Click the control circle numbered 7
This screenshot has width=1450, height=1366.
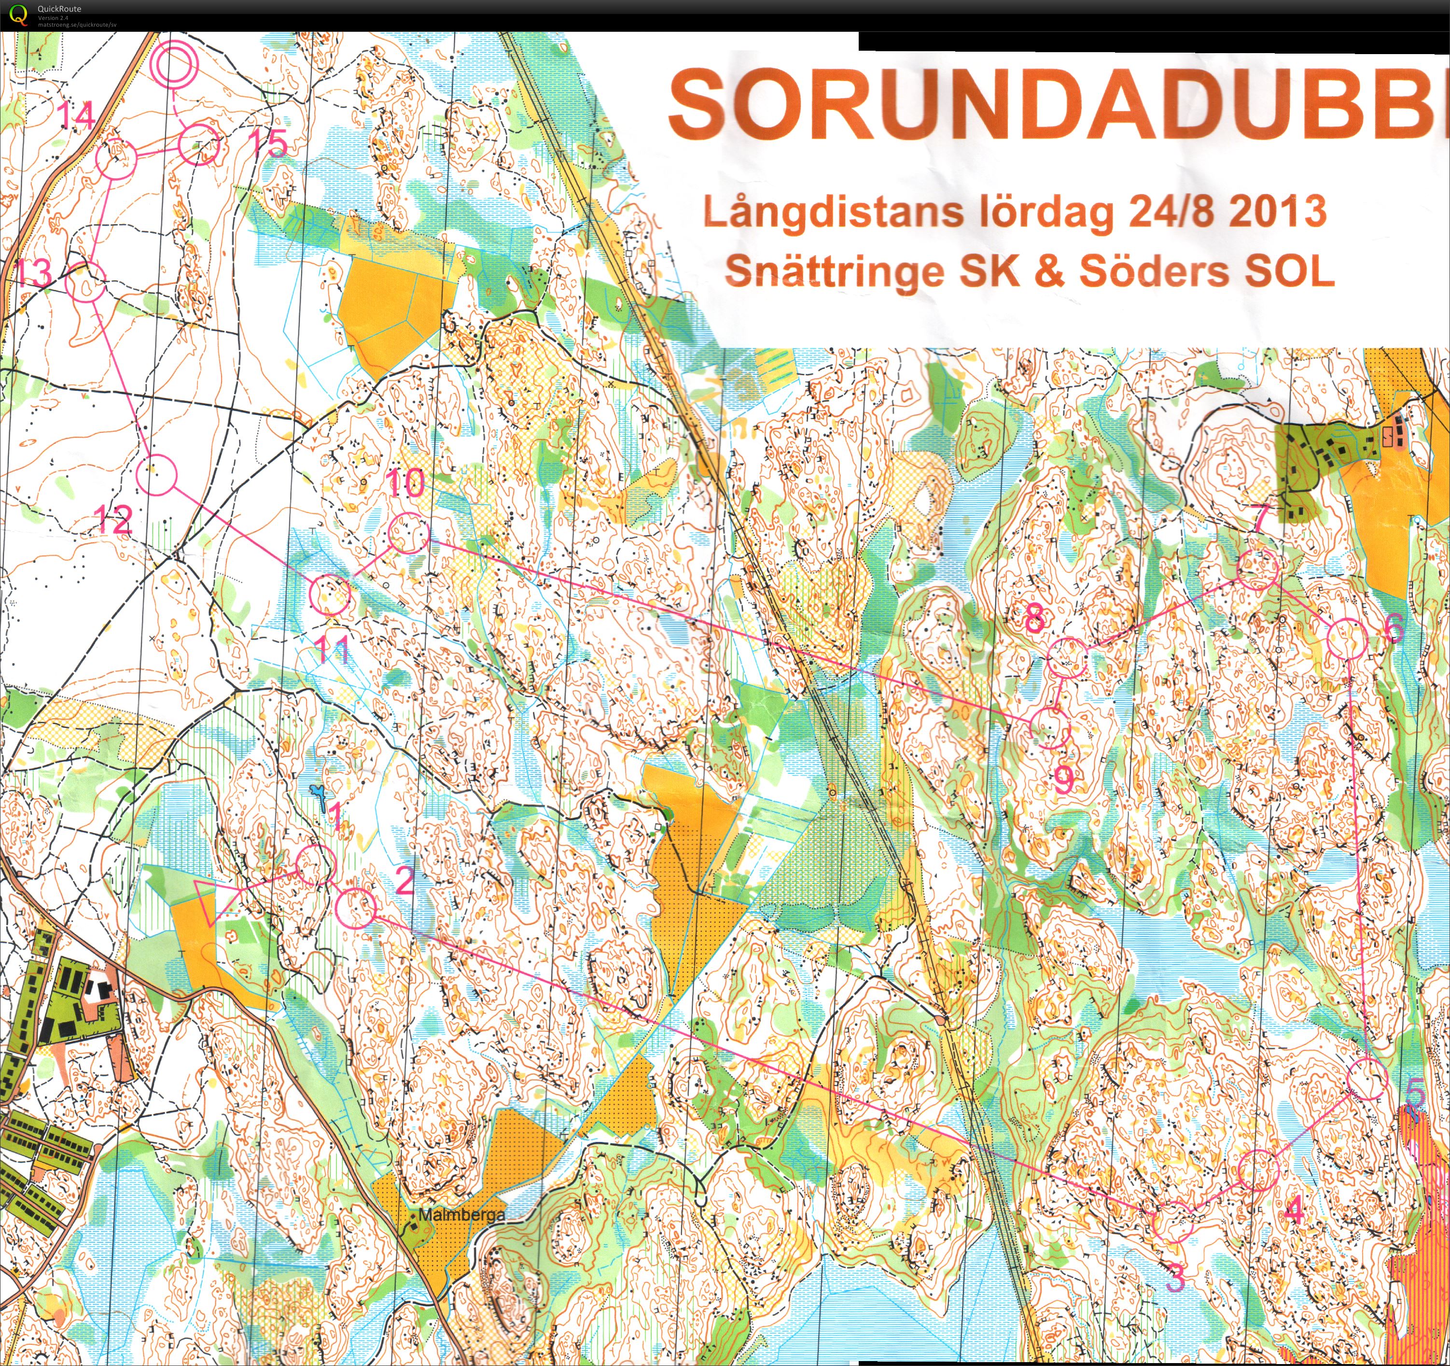1257,570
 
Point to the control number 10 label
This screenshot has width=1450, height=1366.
405,483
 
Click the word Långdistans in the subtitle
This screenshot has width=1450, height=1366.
833,213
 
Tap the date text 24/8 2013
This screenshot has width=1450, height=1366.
1227,212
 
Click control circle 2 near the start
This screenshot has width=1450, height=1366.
356,907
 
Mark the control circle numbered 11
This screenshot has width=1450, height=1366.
330,594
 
